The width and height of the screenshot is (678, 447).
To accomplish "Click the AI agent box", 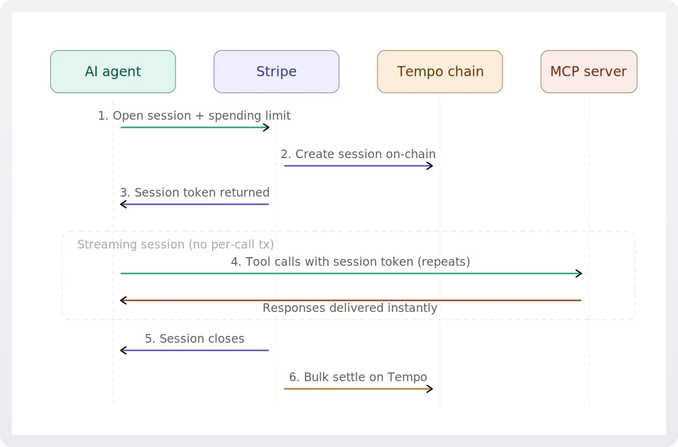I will point(113,72).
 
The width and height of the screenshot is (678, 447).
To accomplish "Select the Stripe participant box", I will point(276,72).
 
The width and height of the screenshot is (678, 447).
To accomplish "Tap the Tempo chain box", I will point(440,72).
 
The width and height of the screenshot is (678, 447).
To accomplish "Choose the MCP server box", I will point(589,72).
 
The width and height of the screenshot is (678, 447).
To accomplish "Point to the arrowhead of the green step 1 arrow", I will point(267,127).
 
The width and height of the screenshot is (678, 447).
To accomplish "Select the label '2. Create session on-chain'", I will point(358,154).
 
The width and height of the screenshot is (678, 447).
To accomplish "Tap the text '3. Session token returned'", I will point(195,193).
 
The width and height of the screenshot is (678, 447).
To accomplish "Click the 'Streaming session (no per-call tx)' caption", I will point(176,245).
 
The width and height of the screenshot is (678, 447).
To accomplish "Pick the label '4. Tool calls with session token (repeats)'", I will point(350,262).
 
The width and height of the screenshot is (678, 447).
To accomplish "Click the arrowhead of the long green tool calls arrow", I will point(579,274).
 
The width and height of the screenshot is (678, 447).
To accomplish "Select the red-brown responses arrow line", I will point(351,300).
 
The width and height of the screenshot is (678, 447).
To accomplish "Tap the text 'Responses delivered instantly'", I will point(350,308).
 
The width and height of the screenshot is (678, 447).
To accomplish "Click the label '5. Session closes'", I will point(195,339).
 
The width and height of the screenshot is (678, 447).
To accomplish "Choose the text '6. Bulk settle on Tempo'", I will point(358,377).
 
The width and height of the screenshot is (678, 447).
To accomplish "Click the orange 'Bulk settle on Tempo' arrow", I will point(356,389).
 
